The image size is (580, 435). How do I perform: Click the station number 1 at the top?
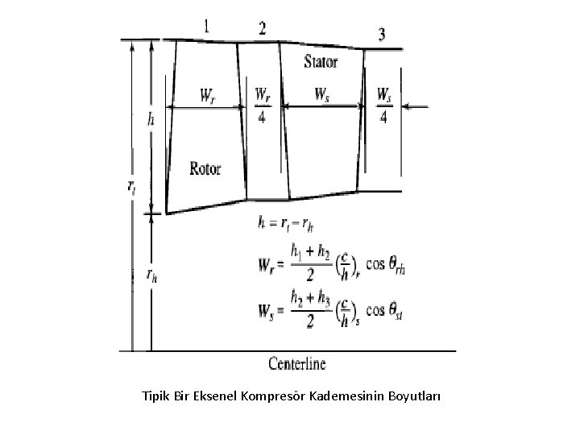pyautogui.click(x=208, y=27)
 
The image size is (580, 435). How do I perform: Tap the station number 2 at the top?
pyautogui.click(x=263, y=29)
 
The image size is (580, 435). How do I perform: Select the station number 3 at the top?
pyautogui.click(x=382, y=34)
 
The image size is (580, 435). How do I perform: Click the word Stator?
pyautogui.click(x=321, y=61)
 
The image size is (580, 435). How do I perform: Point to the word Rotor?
pyautogui.click(x=205, y=168)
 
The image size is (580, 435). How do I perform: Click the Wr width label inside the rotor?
pyautogui.click(x=208, y=94)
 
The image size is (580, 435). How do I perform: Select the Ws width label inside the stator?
pyautogui.click(x=322, y=94)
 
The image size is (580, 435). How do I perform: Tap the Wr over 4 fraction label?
pyautogui.click(x=263, y=105)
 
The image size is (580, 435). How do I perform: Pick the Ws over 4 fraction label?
pyautogui.click(x=383, y=105)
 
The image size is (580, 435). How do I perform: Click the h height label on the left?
pyautogui.click(x=151, y=119)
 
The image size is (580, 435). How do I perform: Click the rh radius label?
pyautogui.click(x=151, y=275)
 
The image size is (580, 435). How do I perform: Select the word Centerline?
pyautogui.click(x=297, y=363)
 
